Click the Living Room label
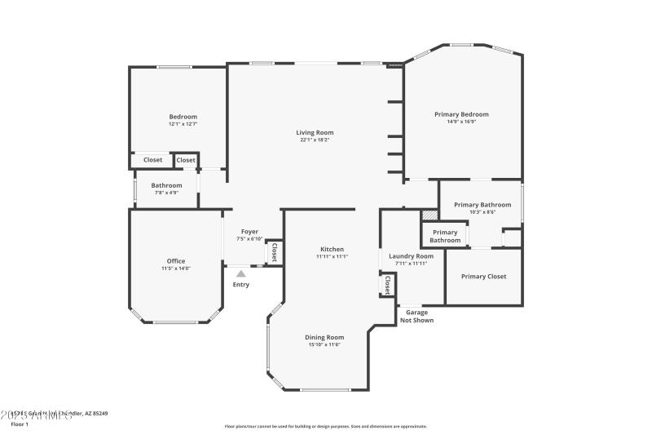click(x=314, y=132)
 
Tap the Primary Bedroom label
click(x=461, y=114)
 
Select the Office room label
click(x=176, y=261)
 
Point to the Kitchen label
click(x=332, y=249)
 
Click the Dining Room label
click(x=324, y=337)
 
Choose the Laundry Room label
click(x=411, y=255)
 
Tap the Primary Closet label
click(x=483, y=277)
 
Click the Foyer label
click(x=249, y=232)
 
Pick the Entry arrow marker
click(x=240, y=274)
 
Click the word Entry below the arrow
click(x=241, y=285)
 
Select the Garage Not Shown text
click(x=416, y=317)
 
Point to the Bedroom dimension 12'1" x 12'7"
click(x=183, y=124)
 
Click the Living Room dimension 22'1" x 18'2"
click(x=314, y=140)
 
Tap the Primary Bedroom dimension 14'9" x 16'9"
click(x=461, y=122)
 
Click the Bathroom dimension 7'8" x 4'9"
click(x=166, y=193)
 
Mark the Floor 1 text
click(x=20, y=424)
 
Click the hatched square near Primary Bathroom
click(x=430, y=215)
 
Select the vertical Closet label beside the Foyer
click(x=274, y=253)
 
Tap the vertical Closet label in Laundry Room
click(x=388, y=286)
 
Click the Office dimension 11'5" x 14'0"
click(x=176, y=269)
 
